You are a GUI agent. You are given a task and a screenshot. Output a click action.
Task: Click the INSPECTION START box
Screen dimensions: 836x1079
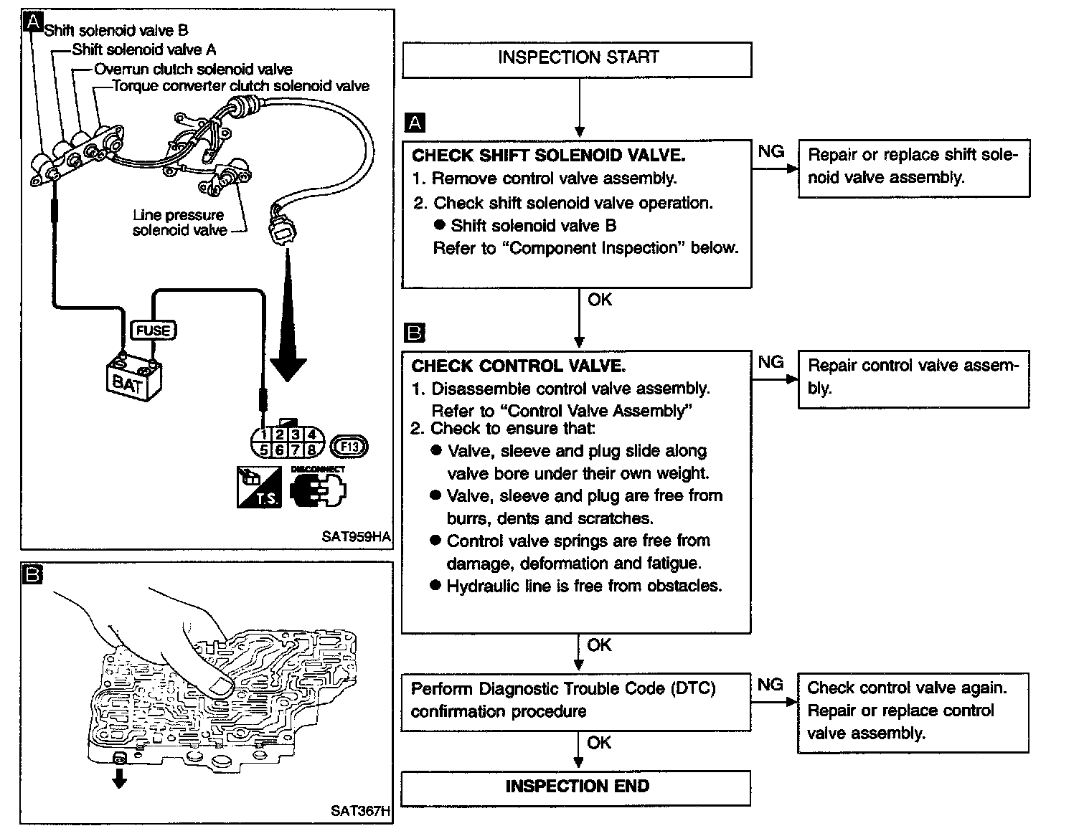(x=578, y=59)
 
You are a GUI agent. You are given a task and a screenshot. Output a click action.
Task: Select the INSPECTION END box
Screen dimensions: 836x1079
(x=576, y=787)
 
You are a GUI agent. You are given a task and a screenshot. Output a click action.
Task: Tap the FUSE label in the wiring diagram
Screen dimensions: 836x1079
(x=153, y=331)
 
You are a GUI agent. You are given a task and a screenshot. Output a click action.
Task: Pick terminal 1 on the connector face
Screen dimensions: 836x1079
(x=265, y=434)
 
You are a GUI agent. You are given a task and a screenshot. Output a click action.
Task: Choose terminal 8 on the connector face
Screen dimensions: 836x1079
(x=312, y=450)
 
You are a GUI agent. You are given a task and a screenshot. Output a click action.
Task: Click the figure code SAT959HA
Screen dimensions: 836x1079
(x=357, y=536)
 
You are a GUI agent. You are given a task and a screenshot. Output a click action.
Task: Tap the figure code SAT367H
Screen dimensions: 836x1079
(x=360, y=811)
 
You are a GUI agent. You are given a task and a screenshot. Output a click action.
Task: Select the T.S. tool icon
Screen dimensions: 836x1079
(x=259, y=488)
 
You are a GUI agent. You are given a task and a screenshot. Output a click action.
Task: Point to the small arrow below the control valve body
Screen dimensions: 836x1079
(x=120, y=779)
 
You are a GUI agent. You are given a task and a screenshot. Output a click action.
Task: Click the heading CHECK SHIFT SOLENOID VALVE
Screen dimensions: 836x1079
(x=548, y=156)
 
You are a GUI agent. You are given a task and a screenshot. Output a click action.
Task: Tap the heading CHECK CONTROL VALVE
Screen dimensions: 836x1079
(x=518, y=366)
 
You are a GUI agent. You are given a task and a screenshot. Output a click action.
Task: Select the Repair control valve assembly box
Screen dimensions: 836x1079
(x=913, y=378)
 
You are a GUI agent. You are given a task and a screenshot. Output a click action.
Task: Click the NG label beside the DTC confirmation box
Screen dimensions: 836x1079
(x=771, y=685)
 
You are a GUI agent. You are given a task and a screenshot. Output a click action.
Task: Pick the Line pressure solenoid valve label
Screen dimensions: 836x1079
(x=179, y=222)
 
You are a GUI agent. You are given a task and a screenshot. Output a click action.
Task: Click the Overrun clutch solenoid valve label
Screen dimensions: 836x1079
(x=194, y=70)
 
